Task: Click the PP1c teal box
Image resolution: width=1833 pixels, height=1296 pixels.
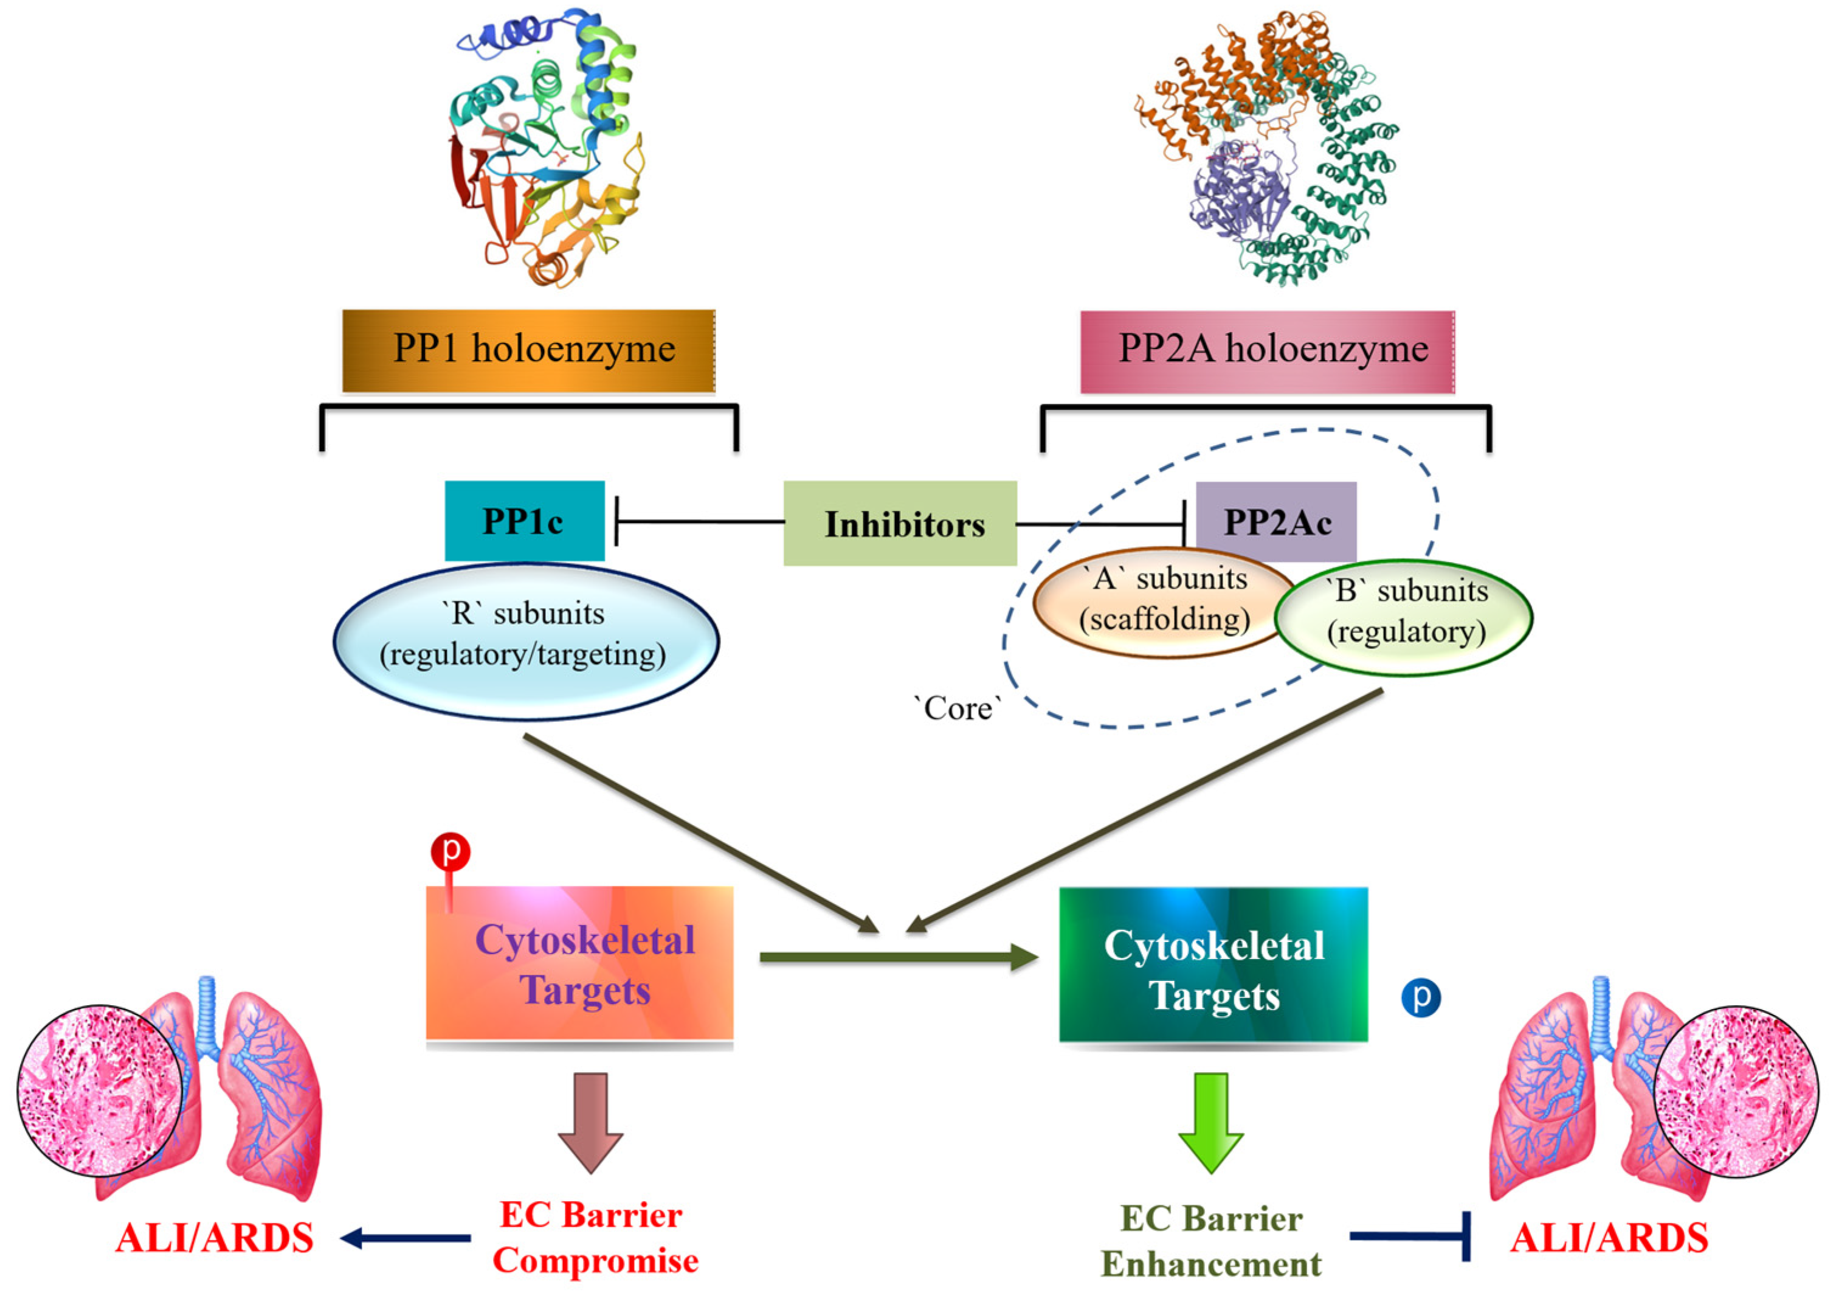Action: (x=523, y=521)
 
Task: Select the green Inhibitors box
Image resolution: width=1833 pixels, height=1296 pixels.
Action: (x=900, y=524)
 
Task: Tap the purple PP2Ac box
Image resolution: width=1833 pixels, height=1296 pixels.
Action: (x=1276, y=522)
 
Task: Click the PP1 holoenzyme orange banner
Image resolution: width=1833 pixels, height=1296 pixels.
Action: (x=528, y=350)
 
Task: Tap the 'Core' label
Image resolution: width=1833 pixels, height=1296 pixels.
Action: (x=957, y=707)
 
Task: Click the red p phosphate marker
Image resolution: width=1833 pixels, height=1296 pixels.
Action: (x=450, y=852)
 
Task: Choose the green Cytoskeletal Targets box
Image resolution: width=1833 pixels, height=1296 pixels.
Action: (x=1213, y=965)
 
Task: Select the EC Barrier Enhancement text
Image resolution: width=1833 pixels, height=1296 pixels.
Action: (x=1211, y=1240)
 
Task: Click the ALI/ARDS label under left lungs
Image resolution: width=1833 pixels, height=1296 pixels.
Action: (x=214, y=1238)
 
